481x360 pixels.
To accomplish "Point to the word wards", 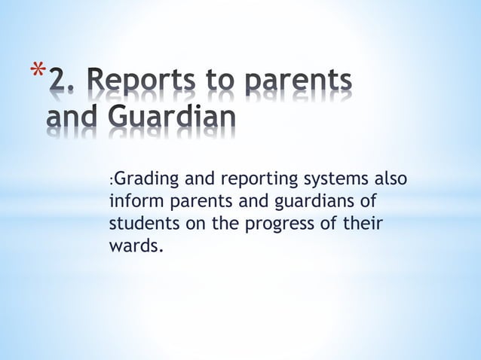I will (x=135, y=246).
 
